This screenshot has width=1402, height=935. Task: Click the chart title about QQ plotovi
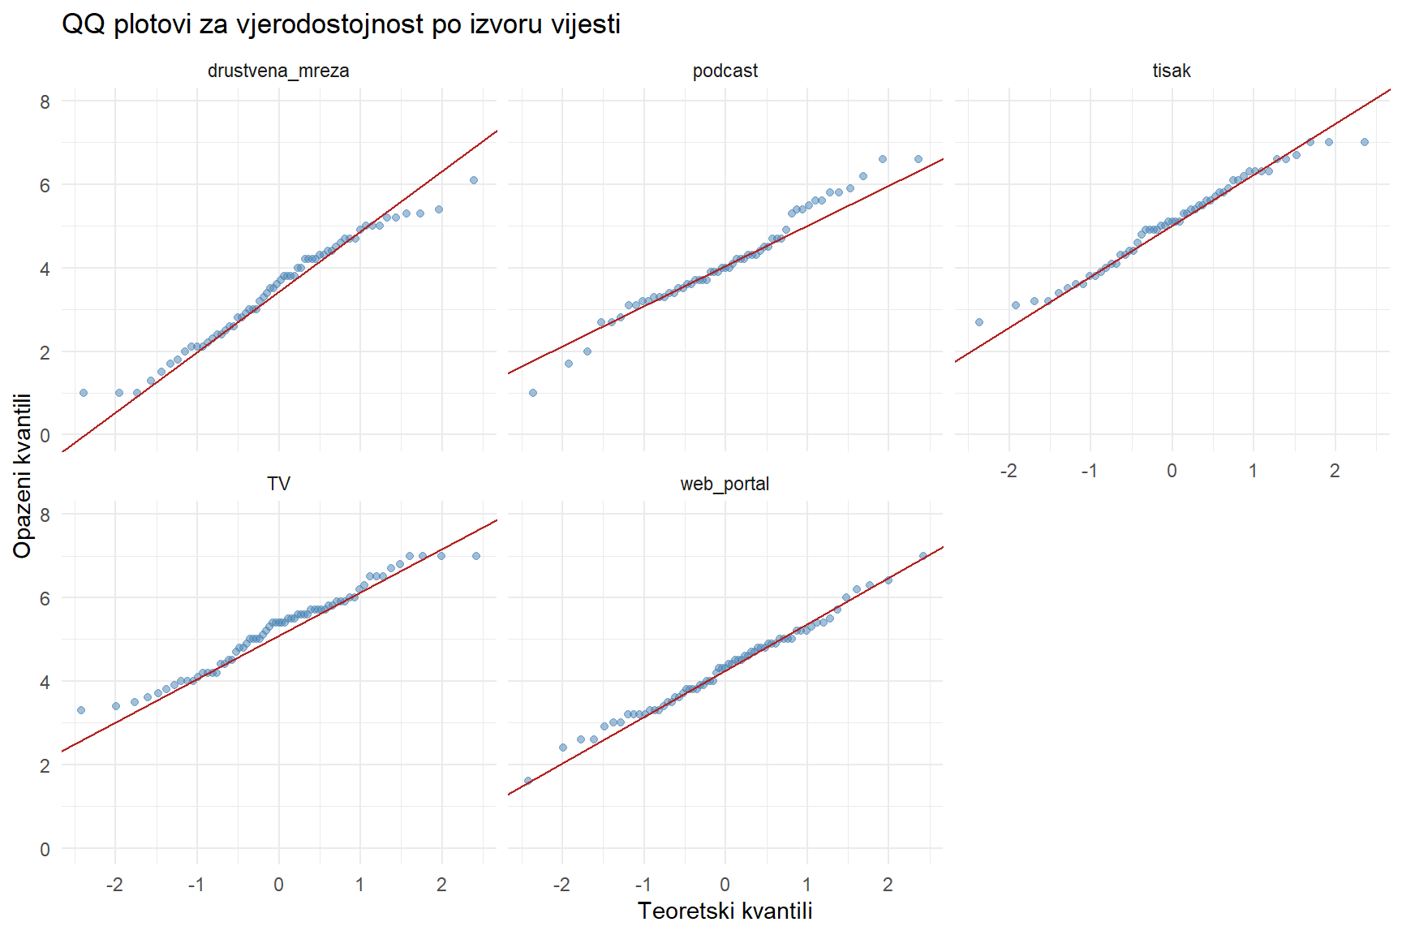click(x=341, y=24)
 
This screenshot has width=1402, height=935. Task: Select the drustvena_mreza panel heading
click(x=278, y=71)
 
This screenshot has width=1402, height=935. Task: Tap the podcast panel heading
click(x=725, y=71)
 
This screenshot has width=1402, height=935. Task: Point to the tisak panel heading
click(x=1172, y=71)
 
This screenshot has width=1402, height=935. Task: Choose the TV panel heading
click(x=278, y=484)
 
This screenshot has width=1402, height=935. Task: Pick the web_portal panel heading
click(x=725, y=484)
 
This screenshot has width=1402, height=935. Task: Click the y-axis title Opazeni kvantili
click(x=22, y=476)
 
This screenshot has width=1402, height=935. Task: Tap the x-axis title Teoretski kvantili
click(x=725, y=911)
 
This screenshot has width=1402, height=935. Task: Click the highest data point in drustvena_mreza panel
click(x=474, y=180)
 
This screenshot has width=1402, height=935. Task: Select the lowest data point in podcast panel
click(x=533, y=393)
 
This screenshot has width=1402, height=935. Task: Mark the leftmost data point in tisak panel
click(x=979, y=322)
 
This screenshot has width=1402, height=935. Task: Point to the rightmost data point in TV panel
click(x=476, y=556)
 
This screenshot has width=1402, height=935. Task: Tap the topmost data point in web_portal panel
click(x=922, y=556)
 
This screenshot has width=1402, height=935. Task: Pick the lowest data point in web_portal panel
click(x=527, y=781)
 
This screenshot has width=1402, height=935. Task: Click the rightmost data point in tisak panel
click(x=1365, y=142)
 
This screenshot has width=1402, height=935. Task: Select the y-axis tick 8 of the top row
click(x=45, y=101)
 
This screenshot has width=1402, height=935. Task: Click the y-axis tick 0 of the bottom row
click(x=45, y=849)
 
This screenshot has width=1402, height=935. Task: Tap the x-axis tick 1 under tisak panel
click(x=1253, y=471)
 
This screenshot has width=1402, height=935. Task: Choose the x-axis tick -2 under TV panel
click(x=114, y=885)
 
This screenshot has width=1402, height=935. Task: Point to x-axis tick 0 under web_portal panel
click(x=725, y=885)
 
